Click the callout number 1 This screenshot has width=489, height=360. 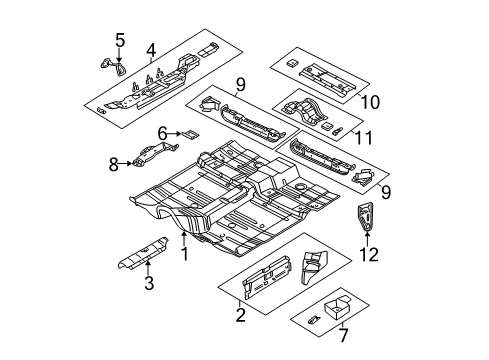pyautogui.click(x=184, y=254)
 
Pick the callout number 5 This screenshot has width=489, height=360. pyautogui.click(x=119, y=40)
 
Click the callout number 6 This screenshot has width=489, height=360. pyautogui.click(x=161, y=133)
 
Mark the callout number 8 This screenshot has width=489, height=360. pyautogui.click(x=113, y=162)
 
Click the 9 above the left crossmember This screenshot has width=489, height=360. pyautogui.click(x=239, y=84)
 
